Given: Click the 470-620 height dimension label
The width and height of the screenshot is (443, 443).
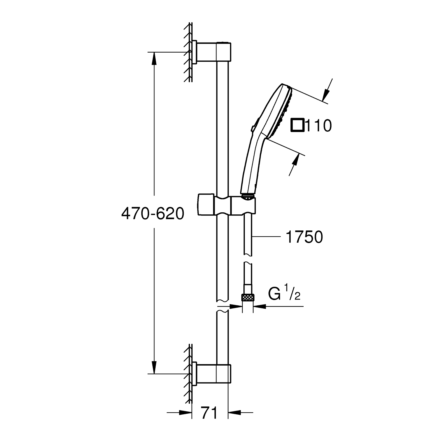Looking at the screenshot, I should coord(153,213).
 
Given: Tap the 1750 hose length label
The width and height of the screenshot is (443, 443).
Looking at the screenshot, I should coord(304,237).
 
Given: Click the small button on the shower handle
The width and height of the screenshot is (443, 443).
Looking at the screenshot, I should coord(253,129).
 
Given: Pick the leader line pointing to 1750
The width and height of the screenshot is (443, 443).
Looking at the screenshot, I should coord(266,237).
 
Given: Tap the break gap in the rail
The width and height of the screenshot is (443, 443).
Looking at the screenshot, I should coord(223,304).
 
